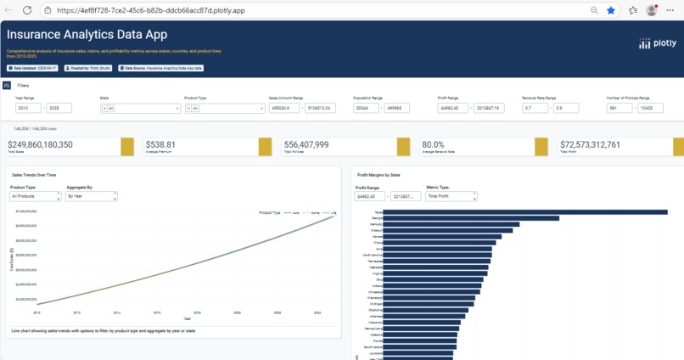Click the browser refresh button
[27, 10]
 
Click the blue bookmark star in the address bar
[610, 10]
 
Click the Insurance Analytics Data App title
[87, 35]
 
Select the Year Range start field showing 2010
[29, 109]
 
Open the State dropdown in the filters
[140, 109]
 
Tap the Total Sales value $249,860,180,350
[53, 144]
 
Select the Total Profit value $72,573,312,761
[603, 144]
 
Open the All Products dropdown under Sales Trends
[33, 196]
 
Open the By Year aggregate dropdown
[92, 196]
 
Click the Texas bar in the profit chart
[526, 212]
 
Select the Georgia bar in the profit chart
[472, 218]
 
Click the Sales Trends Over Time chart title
[35, 172]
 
